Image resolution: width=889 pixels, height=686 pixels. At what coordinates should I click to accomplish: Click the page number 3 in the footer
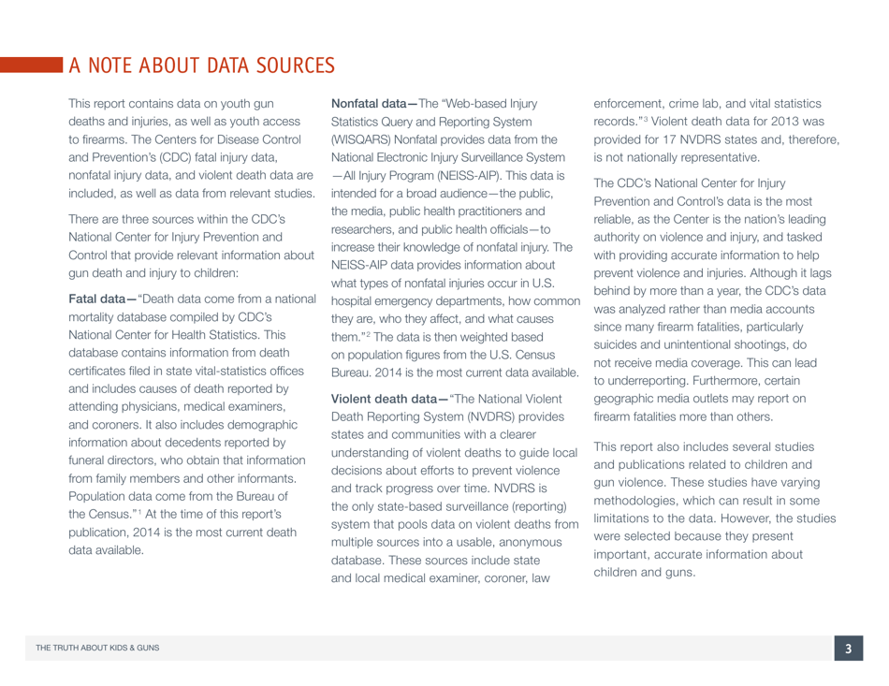point(849,650)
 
